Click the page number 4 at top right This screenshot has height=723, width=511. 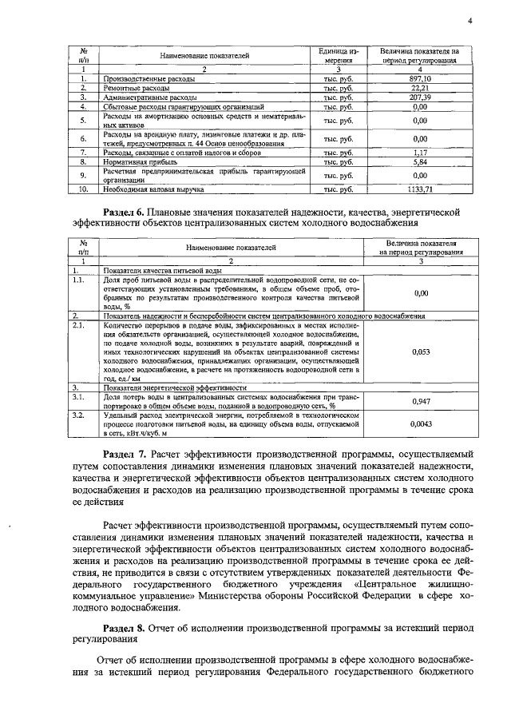coord(471,21)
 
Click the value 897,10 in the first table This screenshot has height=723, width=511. coord(420,78)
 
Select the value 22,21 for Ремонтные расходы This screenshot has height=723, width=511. coord(420,87)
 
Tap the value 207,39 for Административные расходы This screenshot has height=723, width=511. coord(420,96)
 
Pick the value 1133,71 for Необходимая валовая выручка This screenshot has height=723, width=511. coord(420,189)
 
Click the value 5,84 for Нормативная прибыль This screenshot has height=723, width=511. coord(420,161)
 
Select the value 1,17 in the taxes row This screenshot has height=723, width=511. coord(420,152)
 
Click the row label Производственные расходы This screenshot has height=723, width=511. coord(138,78)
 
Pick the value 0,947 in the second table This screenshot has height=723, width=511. coord(420,401)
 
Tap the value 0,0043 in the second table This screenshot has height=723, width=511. coord(420,426)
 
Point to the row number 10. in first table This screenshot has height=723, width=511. coord(82,189)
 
